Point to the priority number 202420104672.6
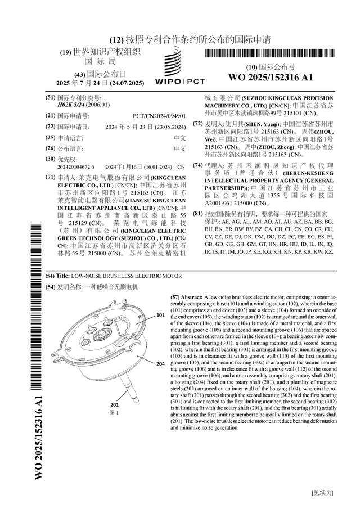pos(76,167)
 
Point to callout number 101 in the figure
pos(160,316)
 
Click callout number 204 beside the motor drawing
pos(160,364)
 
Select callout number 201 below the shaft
pos(114,405)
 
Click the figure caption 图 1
pos(114,412)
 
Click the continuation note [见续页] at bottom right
pos(322,493)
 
